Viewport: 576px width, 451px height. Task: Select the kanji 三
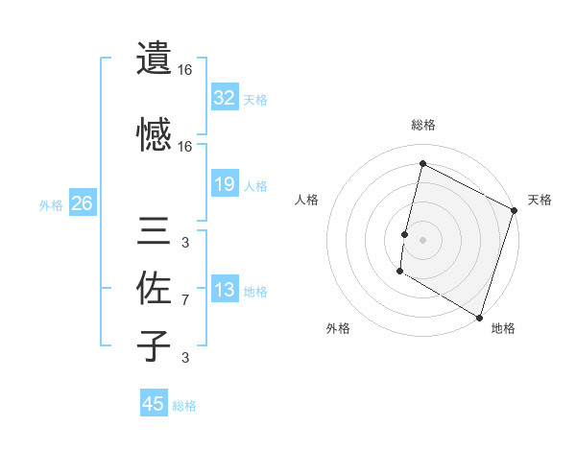click(154, 232)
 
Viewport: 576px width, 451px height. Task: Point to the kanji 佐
click(154, 288)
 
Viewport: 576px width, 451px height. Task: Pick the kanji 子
click(154, 345)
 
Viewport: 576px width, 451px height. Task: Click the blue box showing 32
click(224, 98)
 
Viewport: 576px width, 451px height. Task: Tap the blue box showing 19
click(224, 184)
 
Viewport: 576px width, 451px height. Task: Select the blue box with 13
click(224, 290)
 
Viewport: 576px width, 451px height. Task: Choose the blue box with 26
click(82, 203)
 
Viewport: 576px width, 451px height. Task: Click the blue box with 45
click(154, 404)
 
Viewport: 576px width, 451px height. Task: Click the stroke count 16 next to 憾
click(184, 147)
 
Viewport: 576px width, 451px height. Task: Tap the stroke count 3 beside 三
click(184, 242)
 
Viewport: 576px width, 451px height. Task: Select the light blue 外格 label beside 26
click(51, 204)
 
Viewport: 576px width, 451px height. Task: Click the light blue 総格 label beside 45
click(184, 405)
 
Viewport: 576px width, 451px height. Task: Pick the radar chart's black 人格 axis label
click(307, 200)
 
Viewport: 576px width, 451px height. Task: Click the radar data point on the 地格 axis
click(479, 317)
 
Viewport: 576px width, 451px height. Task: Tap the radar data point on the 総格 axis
click(422, 163)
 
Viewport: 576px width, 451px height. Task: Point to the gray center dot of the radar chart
click(422, 239)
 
